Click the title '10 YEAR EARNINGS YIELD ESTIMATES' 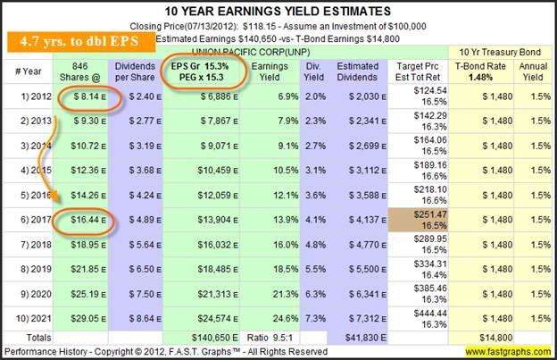click(278, 11)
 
